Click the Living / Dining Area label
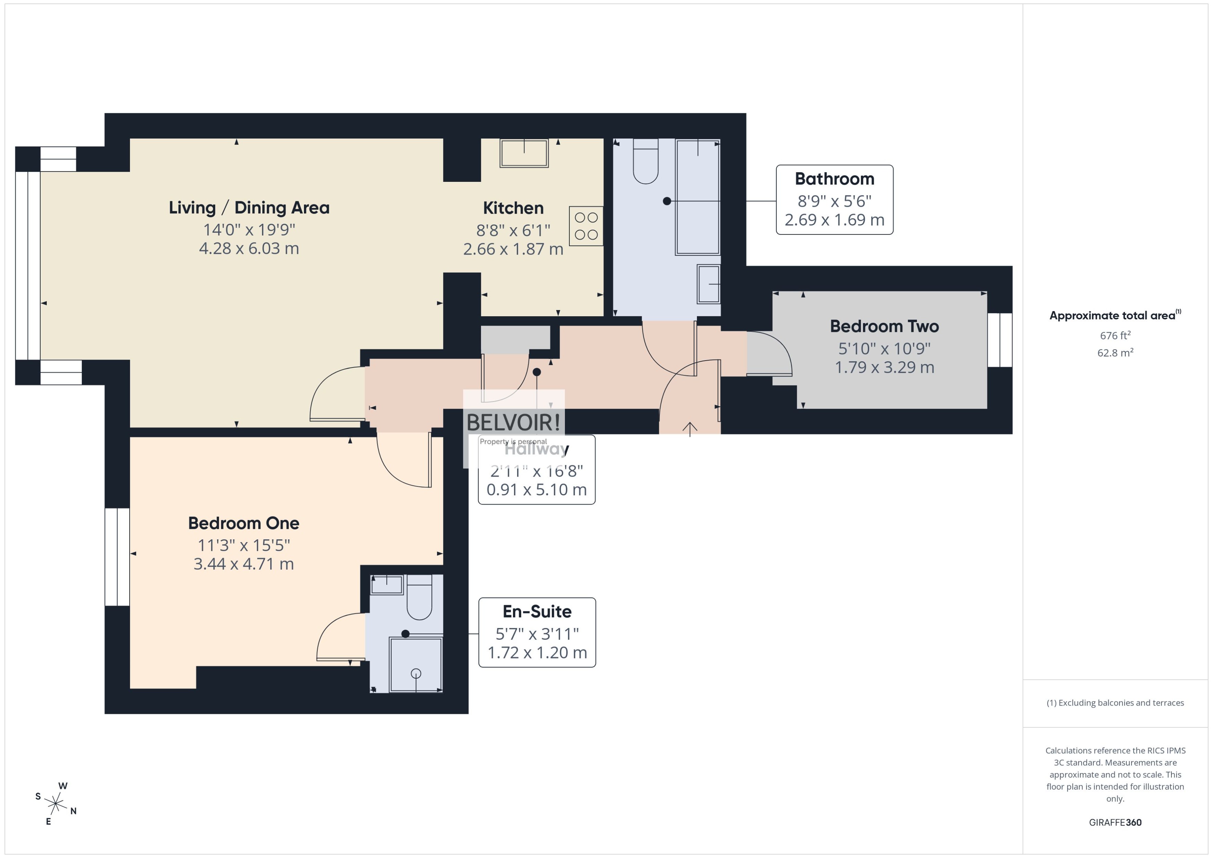point(249,207)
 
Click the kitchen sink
point(524,153)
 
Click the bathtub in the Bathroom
point(698,197)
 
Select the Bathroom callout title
point(834,179)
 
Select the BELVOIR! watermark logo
point(513,422)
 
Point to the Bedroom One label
point(244,523)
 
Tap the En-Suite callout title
point(537,611)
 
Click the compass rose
point(55,804)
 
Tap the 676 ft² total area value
point(1115,336)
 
